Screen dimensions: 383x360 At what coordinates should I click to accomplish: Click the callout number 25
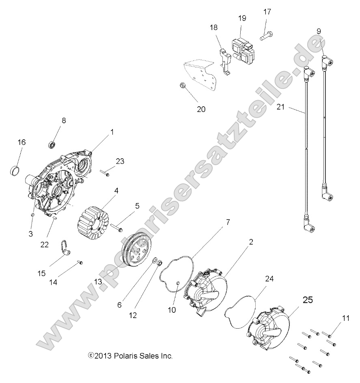point(308,300)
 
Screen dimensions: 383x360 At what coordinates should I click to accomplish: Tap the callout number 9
point(319,31)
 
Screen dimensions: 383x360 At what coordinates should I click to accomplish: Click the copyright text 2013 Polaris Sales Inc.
point(130,356)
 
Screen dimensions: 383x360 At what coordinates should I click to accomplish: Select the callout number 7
point(228,222)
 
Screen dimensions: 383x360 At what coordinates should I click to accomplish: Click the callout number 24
point(269,279)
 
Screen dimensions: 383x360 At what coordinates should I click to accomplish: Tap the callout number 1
point(112,132)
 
